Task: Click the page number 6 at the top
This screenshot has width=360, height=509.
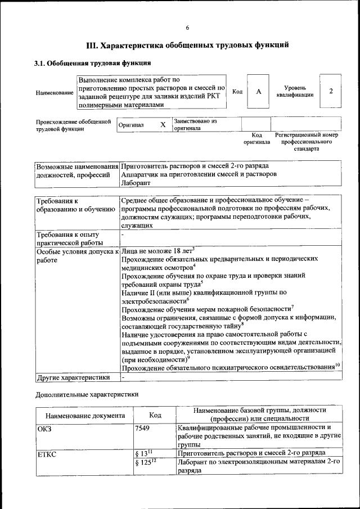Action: [187, 28]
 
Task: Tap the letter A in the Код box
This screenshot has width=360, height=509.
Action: [259, 92]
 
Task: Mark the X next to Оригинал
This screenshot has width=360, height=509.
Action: [163, 124]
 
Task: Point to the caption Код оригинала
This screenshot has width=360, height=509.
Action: [256, 139]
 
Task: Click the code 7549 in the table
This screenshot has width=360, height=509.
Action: [143, 428]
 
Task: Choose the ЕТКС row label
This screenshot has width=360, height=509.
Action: [46, 453]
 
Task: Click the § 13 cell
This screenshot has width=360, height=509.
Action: [145, 453]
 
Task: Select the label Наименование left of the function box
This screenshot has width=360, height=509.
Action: [54, 92]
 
